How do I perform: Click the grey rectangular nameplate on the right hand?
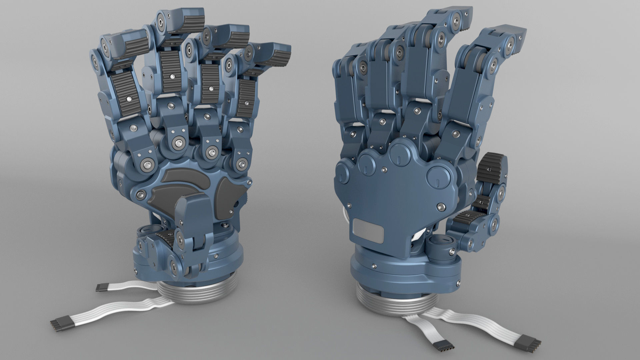click(x=368, y=230)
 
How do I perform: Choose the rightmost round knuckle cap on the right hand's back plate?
click(x=437, y=176)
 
